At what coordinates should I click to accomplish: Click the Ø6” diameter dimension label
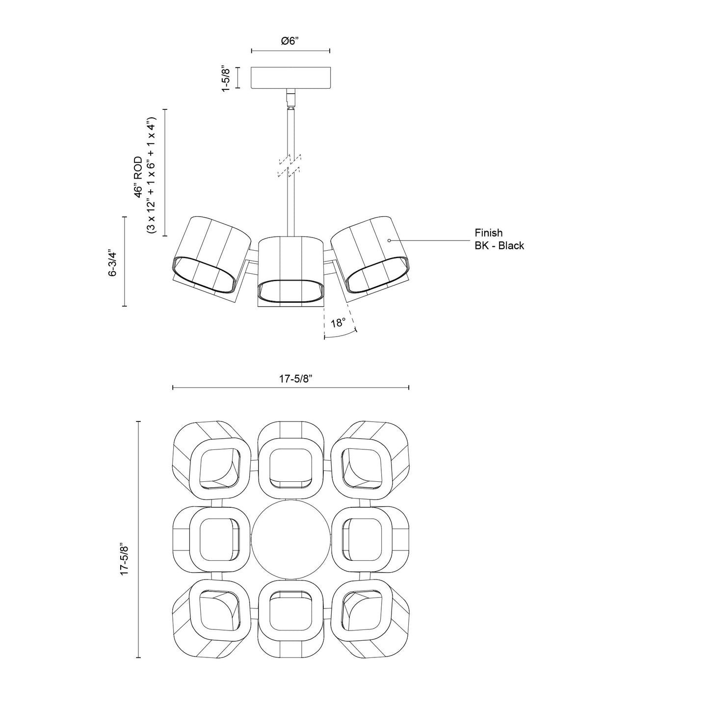point(290,41)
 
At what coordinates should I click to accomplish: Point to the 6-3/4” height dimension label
point(113,263)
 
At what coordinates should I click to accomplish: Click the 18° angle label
point(338,323)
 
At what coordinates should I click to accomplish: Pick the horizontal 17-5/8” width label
point(296,378)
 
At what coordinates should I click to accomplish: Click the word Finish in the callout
point(488,233)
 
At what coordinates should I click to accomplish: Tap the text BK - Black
point(499,246)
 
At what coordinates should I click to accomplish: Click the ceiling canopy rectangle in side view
point(290,78)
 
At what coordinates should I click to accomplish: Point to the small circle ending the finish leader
point(389,240)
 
